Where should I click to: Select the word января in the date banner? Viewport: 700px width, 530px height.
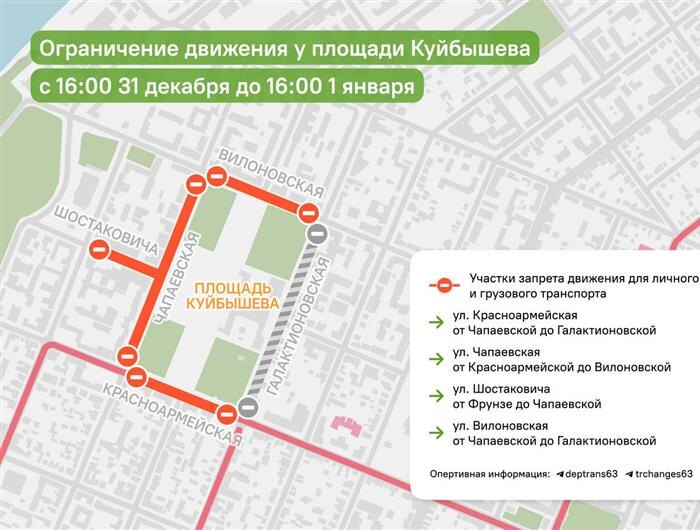[x=379, y=86]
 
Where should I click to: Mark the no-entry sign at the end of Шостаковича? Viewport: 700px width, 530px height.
[x=99, y=250]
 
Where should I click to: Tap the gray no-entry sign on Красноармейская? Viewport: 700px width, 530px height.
[x=248, y=408]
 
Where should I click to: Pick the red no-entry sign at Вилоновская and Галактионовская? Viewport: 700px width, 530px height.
[x=309, y=212]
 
